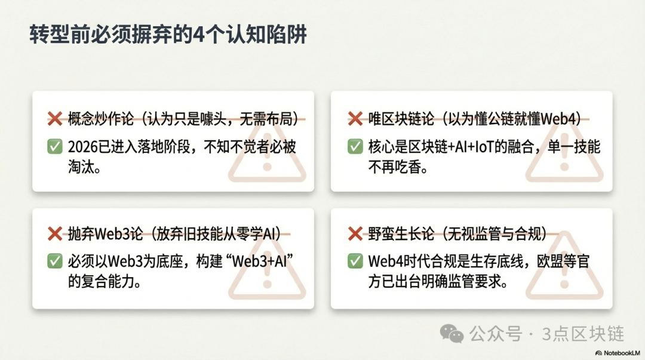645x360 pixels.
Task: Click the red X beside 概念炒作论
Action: (55, 119)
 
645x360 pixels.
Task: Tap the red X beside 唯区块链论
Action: (355, 119)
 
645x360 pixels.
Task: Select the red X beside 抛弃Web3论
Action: (55, 233)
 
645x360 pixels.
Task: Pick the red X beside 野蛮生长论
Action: (355, 233)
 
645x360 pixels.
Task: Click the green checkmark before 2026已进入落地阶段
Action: (55, 146)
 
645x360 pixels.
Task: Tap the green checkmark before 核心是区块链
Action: (355, 146)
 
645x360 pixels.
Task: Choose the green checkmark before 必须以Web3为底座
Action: (55, 261)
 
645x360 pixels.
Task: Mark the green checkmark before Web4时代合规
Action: (355, 261)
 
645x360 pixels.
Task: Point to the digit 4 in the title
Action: (199, 35)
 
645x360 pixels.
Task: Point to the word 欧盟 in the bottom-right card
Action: (550, 261)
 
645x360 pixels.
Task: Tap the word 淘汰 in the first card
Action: (81, 167)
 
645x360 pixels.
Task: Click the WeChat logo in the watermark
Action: (451, 333)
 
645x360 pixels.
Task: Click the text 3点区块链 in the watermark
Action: (583, 334)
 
